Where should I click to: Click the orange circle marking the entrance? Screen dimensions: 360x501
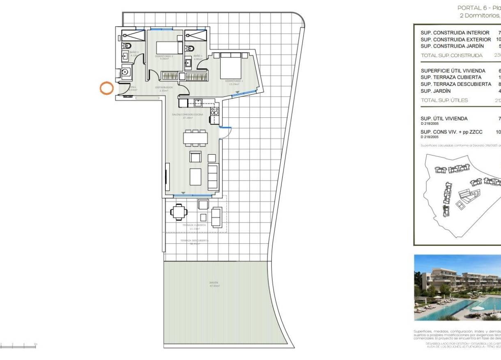coord(107,89)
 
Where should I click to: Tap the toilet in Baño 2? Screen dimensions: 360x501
coord(127,45)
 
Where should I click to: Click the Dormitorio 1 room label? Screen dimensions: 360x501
coord(234,81)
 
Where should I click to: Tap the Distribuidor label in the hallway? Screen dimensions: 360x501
coord(164,87)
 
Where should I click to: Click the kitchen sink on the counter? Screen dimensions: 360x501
coord(198,102)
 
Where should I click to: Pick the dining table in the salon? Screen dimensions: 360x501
coord(195,138)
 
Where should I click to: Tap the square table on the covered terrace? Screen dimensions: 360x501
coord(179,212)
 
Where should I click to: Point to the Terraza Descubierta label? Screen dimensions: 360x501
coord(194,241)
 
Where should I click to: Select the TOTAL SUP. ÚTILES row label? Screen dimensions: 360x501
coord(444,100)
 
